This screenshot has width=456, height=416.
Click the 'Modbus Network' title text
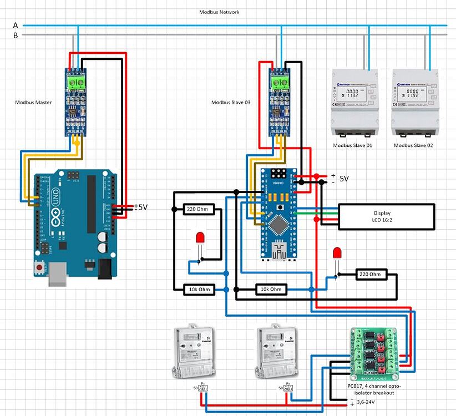219,12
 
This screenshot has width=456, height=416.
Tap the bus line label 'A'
16,26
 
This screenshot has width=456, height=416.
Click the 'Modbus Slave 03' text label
231,102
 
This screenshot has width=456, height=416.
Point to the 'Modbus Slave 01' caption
352,145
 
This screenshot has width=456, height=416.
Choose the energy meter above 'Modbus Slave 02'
413,103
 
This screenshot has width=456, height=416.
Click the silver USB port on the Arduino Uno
58,278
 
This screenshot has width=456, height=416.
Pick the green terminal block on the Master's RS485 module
77,83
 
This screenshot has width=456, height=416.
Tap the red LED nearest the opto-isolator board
336,254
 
